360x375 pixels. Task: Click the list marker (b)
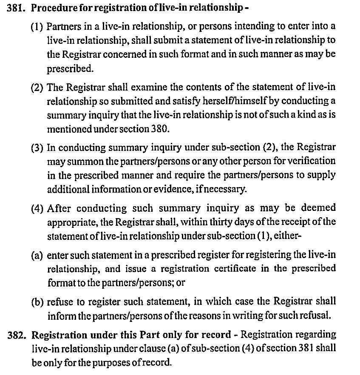37,302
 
